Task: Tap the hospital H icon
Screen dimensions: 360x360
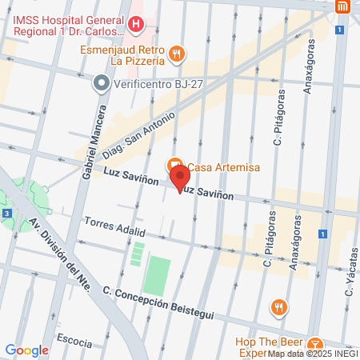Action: pyautogui.click(x=135, y=24)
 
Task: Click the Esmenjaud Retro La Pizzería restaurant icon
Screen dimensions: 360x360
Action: pyautogui.click(x=178, y=54)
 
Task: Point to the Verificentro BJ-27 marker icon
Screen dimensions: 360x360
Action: pyautogui.click(x=101, y=82)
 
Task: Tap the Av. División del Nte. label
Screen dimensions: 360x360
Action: pyautogui.click(x=59, y=252)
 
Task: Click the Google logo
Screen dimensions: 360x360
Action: pyautogui.click(x=26, y=350)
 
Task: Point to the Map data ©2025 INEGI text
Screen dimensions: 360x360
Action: pyautogui.click(x=313, y=354)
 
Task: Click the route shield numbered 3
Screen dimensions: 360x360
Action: pyautogui.click(x=6, y=214)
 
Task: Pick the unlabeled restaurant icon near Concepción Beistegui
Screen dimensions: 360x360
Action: pyautogui.click(x=278, y=306)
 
